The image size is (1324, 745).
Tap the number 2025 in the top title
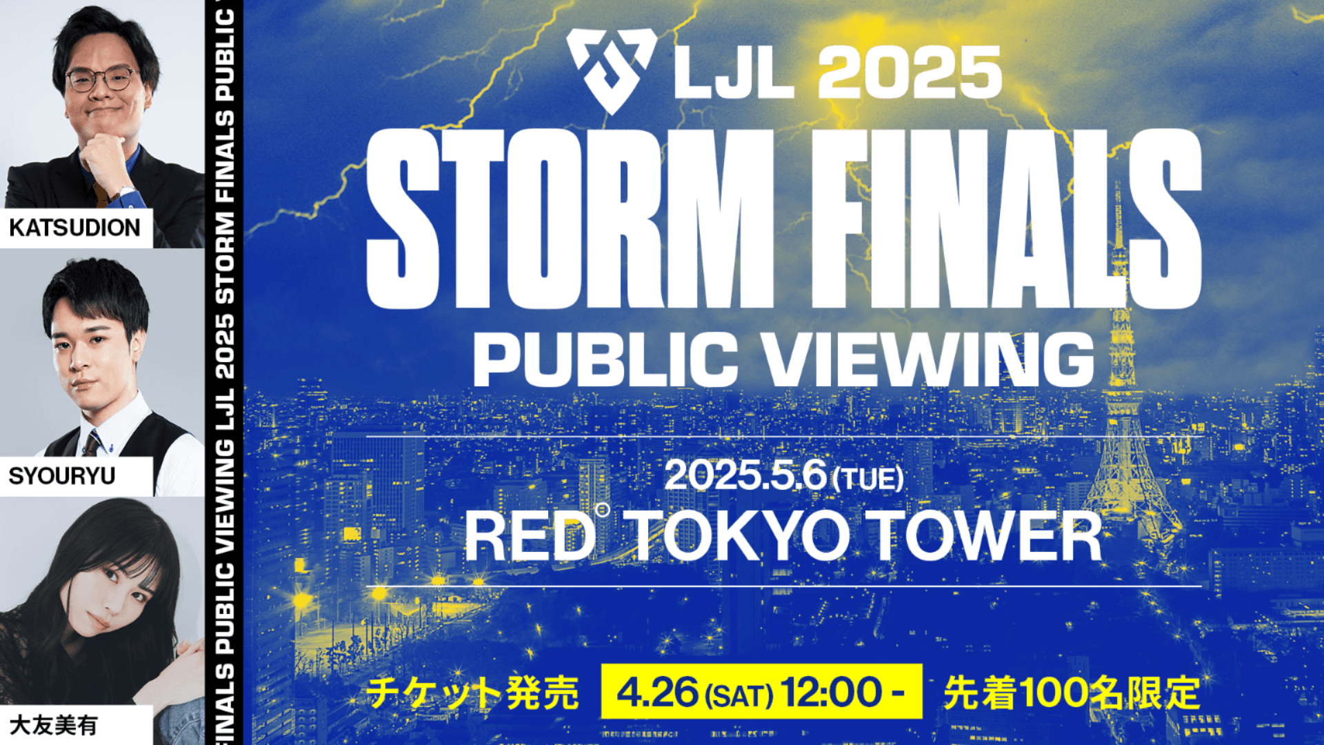[910, 73]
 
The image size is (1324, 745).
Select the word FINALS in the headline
[1007, 219]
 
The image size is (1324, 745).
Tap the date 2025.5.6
[745, 475]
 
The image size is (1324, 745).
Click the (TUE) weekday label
[868, 479]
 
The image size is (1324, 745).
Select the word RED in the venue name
[529, 537]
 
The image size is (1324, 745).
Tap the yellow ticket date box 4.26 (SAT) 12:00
[761, 692]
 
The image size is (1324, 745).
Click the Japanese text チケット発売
[472, 693]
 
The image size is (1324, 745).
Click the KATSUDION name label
[74, 228]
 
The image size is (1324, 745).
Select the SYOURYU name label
[62, 476]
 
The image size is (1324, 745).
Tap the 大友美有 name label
[54, 726]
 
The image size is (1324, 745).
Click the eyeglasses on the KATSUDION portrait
[101, 79]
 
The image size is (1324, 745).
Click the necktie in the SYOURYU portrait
[92, 442]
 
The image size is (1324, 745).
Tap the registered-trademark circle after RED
[603, 510]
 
